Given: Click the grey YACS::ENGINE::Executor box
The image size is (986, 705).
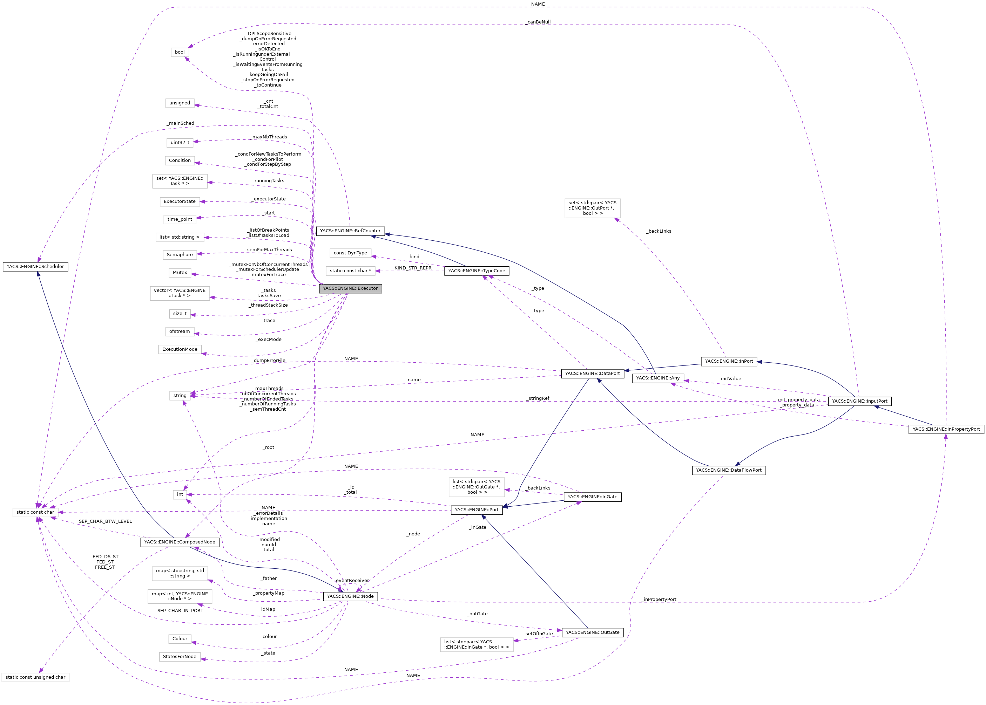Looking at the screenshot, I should tap(350, 289).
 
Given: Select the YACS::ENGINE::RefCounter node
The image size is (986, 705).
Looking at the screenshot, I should tap(350, 231).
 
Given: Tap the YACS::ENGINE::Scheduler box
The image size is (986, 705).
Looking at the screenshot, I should tap(35, 267).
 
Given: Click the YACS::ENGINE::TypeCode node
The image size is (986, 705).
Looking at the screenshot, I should tap(477, 271).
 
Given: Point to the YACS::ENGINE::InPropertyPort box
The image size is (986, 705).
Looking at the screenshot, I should tap(946, 429).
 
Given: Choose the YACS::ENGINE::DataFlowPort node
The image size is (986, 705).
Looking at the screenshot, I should tap(728, 470).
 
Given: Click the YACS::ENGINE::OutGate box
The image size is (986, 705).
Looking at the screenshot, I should tap(593, 632).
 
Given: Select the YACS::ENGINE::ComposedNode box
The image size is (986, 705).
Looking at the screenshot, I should tap(180, 542).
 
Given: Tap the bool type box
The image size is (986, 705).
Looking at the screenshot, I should tap(180, 52).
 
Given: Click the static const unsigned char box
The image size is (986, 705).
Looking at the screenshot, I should tap(35, 677).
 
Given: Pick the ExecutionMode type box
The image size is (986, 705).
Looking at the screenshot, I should tap(180, 349).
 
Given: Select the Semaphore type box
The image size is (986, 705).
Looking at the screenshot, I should tap(180, 255).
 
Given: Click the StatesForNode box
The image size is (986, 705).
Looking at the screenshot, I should tap(180, 657).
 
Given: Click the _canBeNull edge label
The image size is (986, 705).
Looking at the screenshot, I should tap(538, 22).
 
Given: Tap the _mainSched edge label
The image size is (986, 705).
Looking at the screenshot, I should tap(181, 123).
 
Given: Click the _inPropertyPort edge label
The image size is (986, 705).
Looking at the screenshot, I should tap(659, 600).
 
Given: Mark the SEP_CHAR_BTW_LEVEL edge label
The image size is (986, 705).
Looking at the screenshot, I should tap(105, 521).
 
